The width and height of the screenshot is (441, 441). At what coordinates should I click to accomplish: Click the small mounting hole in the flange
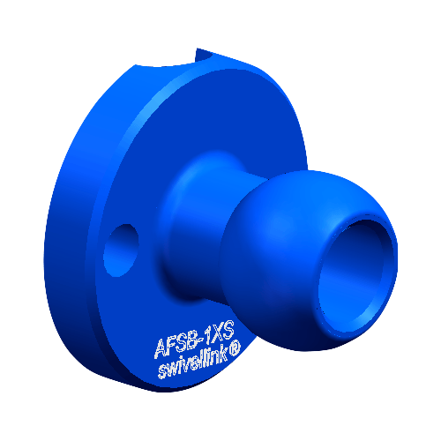pyautogui.click(x=121, y=250)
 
